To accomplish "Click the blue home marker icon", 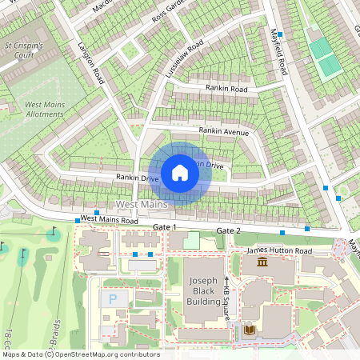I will [180, 173].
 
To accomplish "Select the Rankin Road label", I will [226, 89].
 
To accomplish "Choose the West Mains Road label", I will [110, 219].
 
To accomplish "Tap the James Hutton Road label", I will [279, 251].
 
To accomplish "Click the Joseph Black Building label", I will [204, 291].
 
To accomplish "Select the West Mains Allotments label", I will [44, 110].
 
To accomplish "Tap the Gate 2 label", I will [227, 231].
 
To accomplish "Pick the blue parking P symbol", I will [112, 299].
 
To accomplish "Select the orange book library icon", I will [250, 330].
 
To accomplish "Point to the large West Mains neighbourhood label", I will [141, 206].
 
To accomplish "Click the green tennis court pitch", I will [322, 56].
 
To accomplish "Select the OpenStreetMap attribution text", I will [80, 354].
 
